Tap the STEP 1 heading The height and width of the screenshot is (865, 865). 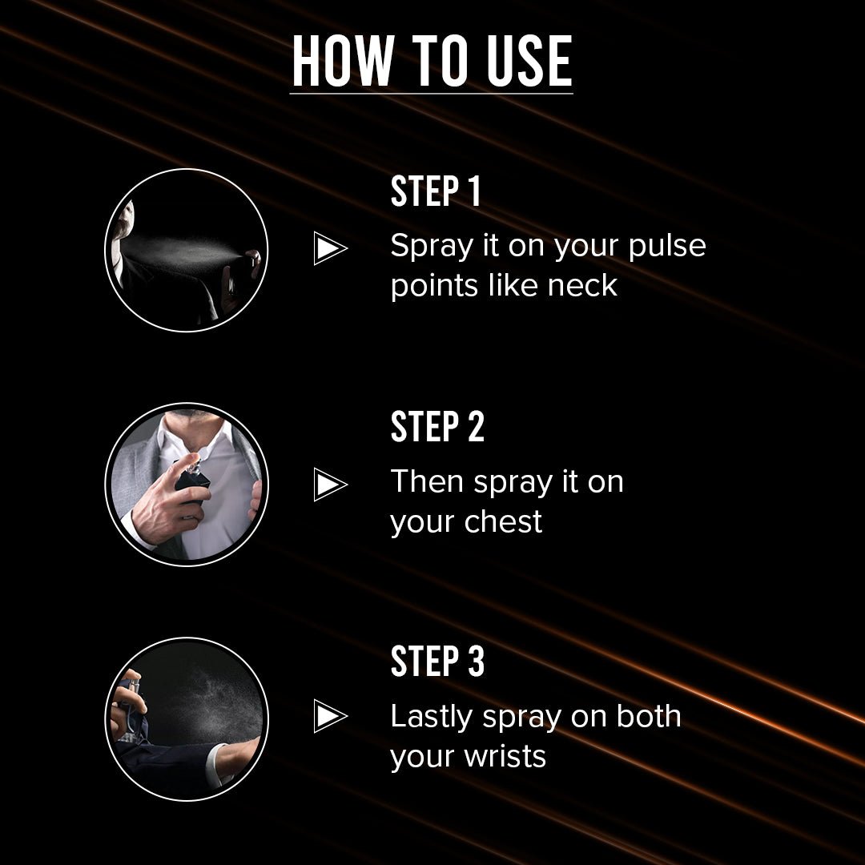[435, 191]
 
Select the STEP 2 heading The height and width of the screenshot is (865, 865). [437, 426]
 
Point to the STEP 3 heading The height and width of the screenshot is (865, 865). [437, 661]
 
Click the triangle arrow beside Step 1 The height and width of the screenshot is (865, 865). [330, 248]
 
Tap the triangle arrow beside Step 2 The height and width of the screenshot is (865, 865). [330, 485]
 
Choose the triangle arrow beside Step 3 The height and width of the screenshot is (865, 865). [330, 716]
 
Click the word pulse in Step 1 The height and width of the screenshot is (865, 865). [667, 247]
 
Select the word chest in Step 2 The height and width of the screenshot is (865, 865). [503, 521]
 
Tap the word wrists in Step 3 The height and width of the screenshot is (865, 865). [505, 756]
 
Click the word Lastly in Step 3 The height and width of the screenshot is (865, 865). [432, 718]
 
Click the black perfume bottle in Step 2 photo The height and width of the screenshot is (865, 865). [193, 483]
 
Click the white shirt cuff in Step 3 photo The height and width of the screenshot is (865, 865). [217, 762]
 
